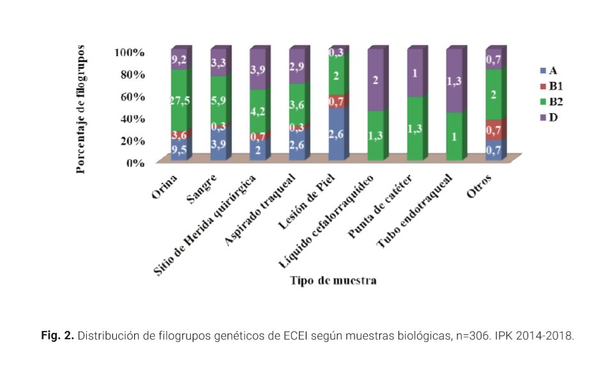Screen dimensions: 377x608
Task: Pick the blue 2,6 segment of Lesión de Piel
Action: [x=338, y=135]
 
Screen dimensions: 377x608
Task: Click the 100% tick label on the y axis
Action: [x=130, y=52]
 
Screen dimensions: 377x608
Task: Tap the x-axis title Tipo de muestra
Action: [x=333, y=281]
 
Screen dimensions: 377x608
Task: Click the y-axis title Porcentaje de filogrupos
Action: [x=81, y=108]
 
